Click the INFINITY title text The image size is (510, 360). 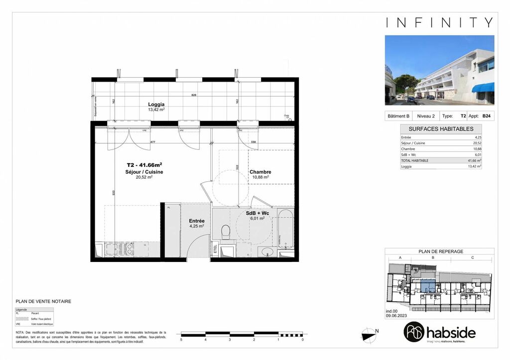tap(439, 22)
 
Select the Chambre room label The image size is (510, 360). tap(260, 172)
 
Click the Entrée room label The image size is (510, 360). tap(197, 221)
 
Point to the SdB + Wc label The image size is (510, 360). tap(257, 213)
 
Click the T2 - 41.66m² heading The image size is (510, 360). tap(144, 165)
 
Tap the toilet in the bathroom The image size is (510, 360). tap(225, 232)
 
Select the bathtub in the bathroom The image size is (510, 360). tap(285, 229)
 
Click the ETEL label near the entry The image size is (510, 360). tap(215, 248)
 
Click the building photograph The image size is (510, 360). tap(439, 70)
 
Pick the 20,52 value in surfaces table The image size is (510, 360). tap(477, 143)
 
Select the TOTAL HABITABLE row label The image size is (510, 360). tap(414, 160)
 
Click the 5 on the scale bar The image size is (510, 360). tap(181, 340)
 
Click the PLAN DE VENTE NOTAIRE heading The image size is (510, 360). tap(43, 301)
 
